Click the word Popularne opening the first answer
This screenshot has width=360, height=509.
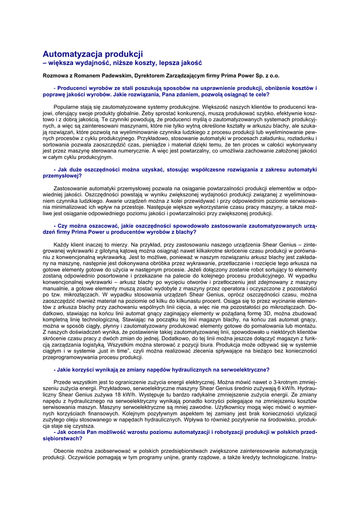point(67,106)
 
